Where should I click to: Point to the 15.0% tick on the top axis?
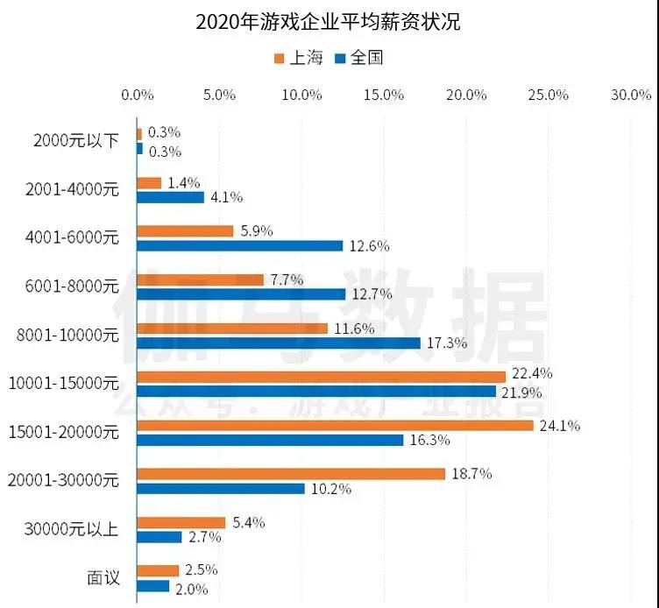click(385, 95)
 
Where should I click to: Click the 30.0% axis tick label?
click(632, 95)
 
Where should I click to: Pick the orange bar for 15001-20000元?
click(336, 426)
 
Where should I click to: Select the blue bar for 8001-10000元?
click(279, 343)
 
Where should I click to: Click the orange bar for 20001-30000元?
click(291, 474)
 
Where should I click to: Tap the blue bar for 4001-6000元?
click(240, 245)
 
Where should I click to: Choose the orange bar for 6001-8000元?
click(201, 279)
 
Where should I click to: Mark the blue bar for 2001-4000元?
click(171, 197)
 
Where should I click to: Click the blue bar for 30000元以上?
click(159, 537)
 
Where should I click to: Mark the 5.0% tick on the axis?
click(220, 95)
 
